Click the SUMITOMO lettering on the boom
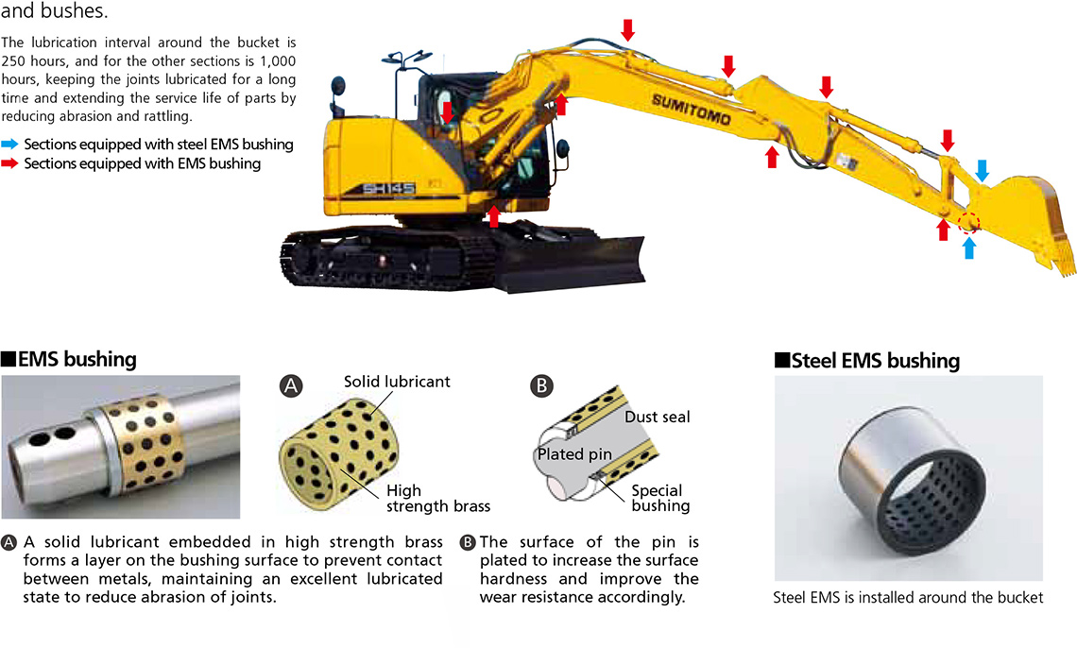pyautogui.click(x=691, y=110)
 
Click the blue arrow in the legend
pyautogui.click(x=9, y=145)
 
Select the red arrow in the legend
pyautogui.click(x=9, y=163)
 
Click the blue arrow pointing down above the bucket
pyautogui.click(x=983, y=170)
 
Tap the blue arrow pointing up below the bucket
pyautogui.click(x=969, y=247)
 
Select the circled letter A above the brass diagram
pyautogui.click(x=291, y=385)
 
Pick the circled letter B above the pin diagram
pyautogui.click(x=541, y=385)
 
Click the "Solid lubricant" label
pyautogui.click(x=397, y=382)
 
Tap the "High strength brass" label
pyautogui.click(x=438, y=499)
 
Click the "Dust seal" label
pyautogui.click(x=658, y=417)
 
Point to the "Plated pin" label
pyautogui.click(x=575, y=453)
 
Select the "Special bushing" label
pyautogui.click(x=660, y=499)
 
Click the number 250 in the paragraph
pyautogui.click(x=14, y=61)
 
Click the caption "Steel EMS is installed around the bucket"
pyautogui.click(x=908, y=597)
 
